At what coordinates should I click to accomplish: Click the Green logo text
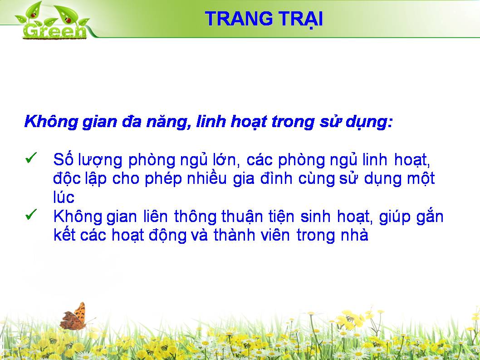click(x=54, y=31)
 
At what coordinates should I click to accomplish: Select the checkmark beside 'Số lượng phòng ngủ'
click(x=31, y=158)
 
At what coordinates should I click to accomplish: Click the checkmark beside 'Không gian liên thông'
click(x=31, y=214)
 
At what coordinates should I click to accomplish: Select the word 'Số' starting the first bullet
click(x=63, y=159)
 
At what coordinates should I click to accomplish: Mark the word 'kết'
click(x=64, y=235)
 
